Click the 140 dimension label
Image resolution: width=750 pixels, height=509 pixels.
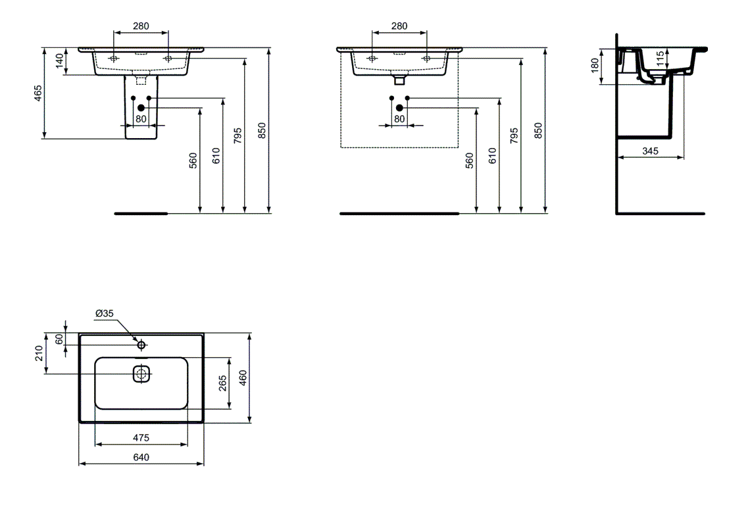coord(59,61)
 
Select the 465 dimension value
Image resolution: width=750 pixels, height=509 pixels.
coord(37,93)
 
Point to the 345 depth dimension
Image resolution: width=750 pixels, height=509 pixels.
coord(650,151)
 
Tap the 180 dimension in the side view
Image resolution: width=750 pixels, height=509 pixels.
coord(595,66)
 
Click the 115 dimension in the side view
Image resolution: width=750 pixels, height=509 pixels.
coord(660,59)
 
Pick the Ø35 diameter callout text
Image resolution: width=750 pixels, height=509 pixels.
coord(104,314)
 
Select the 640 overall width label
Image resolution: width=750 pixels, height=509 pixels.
coord(141,458)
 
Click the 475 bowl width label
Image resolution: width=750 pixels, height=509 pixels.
coord(141,438)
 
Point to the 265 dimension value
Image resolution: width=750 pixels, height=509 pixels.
coord(223,383)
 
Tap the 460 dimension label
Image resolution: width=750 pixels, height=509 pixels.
coord(243,377)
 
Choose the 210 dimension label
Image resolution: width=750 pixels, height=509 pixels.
coord(39,354)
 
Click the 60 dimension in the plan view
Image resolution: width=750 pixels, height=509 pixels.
coord(59,339)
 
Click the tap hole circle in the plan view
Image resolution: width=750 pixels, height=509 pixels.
coord(141,345)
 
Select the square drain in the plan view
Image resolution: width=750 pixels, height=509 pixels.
coord(141,374)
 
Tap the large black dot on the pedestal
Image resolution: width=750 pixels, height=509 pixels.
coord(141,108)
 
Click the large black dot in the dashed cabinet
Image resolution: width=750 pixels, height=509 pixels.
coord(399,108)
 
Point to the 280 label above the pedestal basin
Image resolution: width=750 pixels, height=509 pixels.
coord(141,26)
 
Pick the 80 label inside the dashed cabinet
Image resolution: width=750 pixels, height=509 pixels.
coord(399,118)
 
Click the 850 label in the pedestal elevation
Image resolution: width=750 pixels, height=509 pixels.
coord(262,130)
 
